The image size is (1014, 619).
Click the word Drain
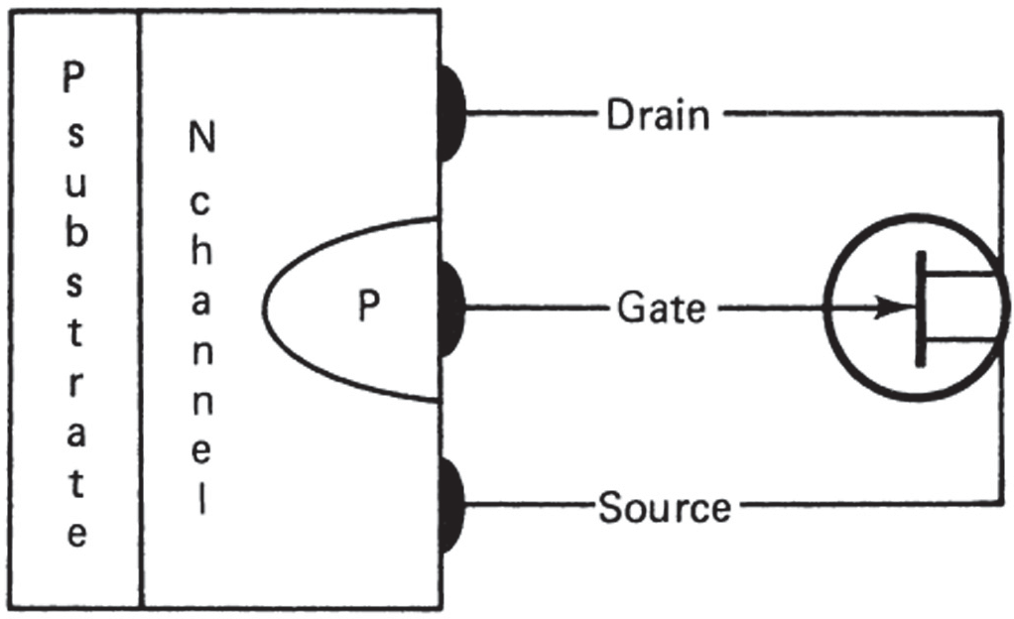click(x=658, y=116)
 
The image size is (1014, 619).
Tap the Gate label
click(x=661, y=309)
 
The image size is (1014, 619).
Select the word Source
click(x=665, y=508)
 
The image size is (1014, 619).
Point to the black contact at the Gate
click(x=452, y=308)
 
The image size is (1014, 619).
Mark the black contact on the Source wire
click(x=452, y=504)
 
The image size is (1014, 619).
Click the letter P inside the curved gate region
click(x=369, y=309)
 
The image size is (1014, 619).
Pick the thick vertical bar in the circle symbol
click(x=921, y=309)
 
